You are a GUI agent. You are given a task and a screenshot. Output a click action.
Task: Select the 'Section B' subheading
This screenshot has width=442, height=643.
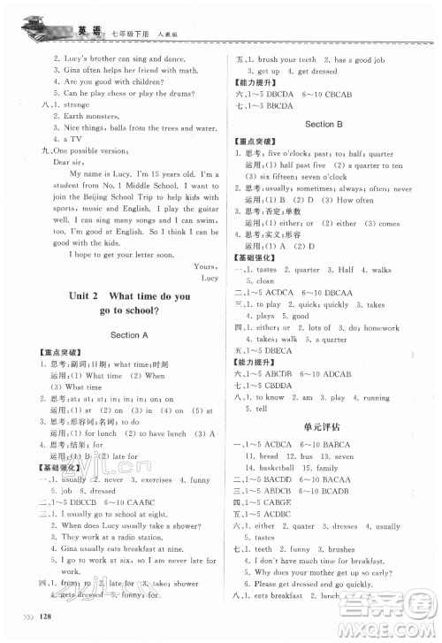(x=322, y=125)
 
